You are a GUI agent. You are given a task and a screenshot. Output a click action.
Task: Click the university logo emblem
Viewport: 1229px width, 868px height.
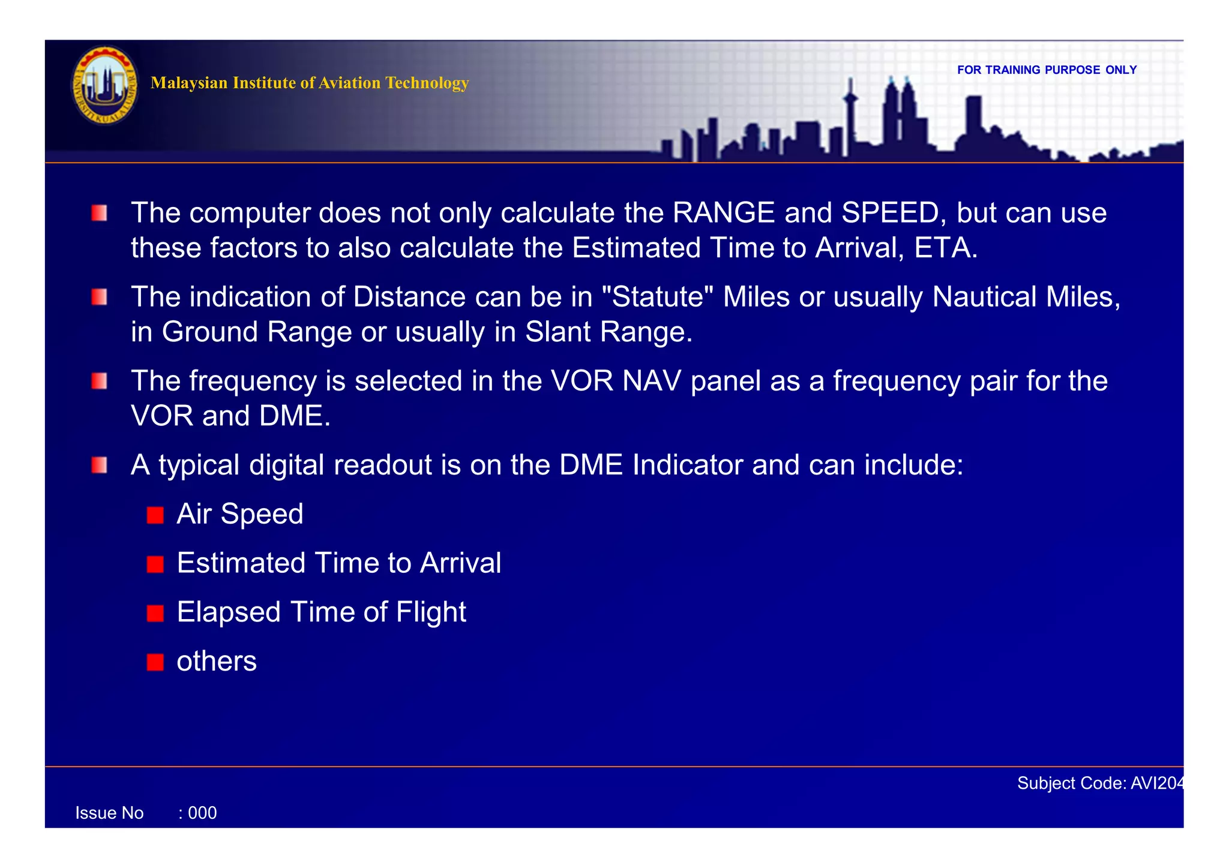[x=105, y=86]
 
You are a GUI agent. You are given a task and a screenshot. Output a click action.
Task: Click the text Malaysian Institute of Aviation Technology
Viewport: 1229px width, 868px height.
[x=310, y=83]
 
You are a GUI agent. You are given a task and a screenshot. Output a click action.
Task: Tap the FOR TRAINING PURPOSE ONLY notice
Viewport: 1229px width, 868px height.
[x=1047, y=70]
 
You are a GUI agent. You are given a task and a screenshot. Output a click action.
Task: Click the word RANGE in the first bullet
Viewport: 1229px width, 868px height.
[x=724, y=213]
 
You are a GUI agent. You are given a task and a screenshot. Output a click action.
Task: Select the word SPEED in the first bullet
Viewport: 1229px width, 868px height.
[x=890, y=213]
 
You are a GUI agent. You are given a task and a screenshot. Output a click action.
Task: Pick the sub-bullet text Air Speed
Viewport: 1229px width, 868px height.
[x=240, y=514]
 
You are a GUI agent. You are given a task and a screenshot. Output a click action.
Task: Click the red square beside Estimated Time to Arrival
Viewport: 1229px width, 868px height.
[x=155, y=564]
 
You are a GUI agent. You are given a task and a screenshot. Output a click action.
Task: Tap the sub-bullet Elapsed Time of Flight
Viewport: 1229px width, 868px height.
[x=322, y=612]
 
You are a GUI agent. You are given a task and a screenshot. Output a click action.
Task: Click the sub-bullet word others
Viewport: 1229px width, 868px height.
[x=217, y=662]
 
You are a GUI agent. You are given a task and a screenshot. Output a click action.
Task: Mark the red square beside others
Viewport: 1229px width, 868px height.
[x=155, y=662]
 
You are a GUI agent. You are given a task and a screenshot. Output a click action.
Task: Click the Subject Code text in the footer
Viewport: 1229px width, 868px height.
[x=1099, y=783]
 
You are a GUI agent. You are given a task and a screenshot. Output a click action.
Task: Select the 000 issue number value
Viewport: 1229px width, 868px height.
[x=202, y=813]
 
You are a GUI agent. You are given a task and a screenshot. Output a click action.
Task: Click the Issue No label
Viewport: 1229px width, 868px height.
[x=110, y=813]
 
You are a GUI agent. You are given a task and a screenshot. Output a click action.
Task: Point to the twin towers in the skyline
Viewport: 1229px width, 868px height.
[x=900, y=114]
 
